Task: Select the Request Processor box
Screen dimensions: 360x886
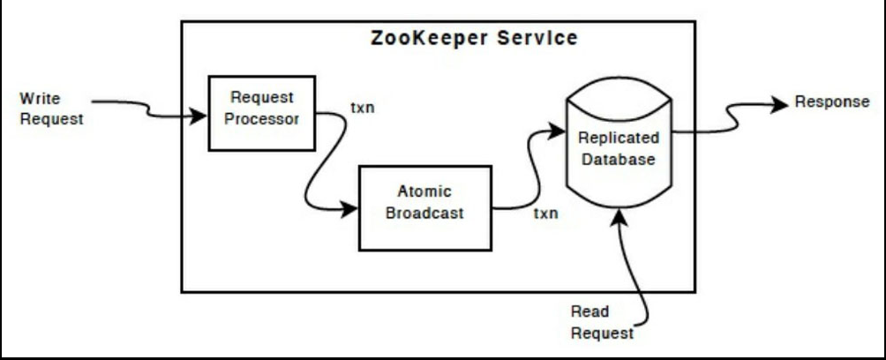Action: coord(261,113)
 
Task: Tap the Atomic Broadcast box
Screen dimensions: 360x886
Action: coord(424,207)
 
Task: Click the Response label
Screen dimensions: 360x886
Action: coord(832,102)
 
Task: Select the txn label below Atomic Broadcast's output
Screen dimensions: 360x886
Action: coord(545,214)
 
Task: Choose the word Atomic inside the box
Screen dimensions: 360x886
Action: coord(424,192)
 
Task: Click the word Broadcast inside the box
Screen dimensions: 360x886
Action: coord(424,214)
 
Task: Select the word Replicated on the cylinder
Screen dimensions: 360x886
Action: coord(618,139)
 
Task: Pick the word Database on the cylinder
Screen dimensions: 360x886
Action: coord(618,160)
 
